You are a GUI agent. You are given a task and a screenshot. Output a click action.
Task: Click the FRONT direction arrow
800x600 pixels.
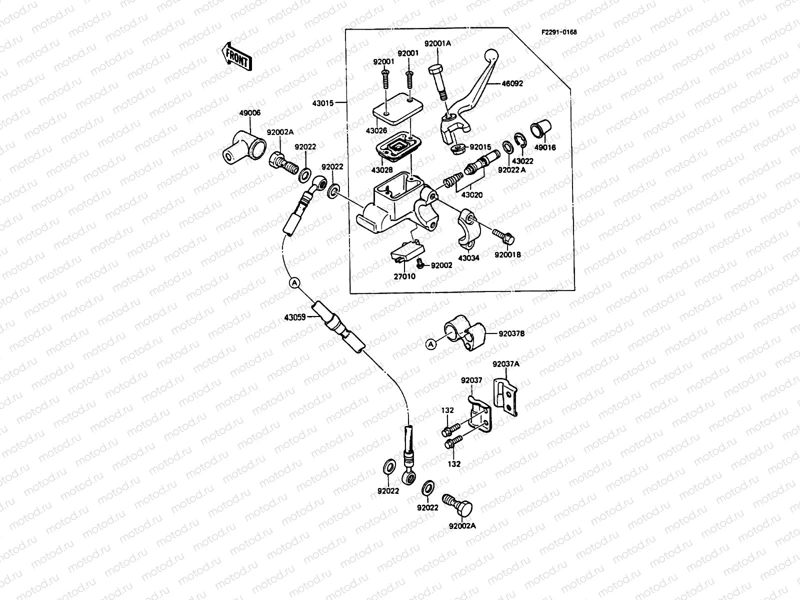pos(237,55)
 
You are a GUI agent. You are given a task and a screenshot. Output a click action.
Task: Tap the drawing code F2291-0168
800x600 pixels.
pos(559,32)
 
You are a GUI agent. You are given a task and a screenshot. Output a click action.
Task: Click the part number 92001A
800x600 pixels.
pos(437,43)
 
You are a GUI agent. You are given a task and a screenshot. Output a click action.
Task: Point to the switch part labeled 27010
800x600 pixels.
pos(407,253)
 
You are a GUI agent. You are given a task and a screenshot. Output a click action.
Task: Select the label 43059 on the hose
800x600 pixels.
pos(295,317)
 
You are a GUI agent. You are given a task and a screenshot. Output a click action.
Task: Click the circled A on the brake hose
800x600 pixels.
pos(294,283)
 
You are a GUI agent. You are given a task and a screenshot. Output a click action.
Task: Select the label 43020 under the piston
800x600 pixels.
pos(472,195)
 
